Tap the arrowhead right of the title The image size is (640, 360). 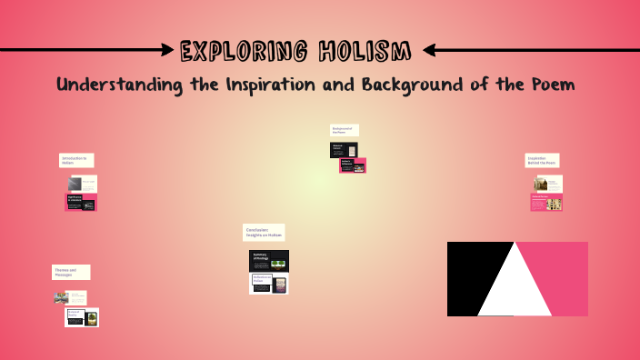point(431,49)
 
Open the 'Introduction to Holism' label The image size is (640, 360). point(76,160)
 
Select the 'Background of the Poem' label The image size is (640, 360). point(344,130)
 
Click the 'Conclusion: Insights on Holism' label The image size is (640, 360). point(264,233)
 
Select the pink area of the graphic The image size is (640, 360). point(559,268)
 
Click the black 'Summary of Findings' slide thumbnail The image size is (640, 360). point(268,261)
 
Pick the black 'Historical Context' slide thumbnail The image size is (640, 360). point(343,150)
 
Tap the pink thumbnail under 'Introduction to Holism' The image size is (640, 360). point(81,202)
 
